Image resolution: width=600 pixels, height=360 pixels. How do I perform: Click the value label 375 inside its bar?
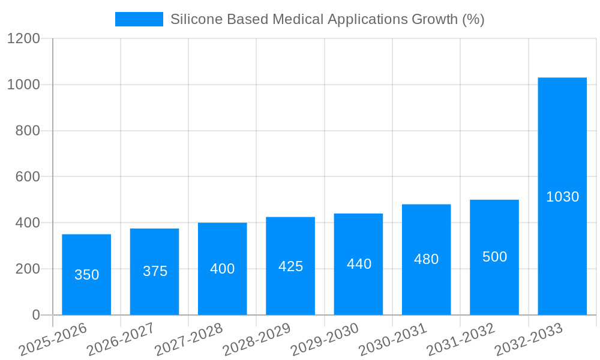pyautogui.click(x=155, y=271)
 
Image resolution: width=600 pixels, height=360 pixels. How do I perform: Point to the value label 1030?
pyautogui.click(x=562, y=197)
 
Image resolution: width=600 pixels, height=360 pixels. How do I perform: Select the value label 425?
pyautogui.click(x=290, y=266)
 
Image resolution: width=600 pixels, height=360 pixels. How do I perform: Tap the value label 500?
pyautogui.click(x=494, y=257)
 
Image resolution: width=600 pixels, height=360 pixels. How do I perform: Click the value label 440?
pyautogui.click(x=359, y=264)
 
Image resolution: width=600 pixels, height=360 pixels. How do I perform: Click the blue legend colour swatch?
pyautogui.click(x=139, y=19)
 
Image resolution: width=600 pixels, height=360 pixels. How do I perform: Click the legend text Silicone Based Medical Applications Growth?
pyautogui.click(x=327, y=19)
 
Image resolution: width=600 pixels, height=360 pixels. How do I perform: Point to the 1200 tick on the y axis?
pyautogui.click(x=23, y=39)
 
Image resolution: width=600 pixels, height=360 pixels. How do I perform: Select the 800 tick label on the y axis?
pyautogui.click(x=28, y=131)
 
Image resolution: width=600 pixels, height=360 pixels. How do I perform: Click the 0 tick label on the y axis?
pyautogui.click(x=35, y=315)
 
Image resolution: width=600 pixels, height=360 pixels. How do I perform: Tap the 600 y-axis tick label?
pyautogui.click(x=28, y=177)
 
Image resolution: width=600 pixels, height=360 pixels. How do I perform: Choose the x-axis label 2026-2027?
pyautogui.click(x=121, y=339)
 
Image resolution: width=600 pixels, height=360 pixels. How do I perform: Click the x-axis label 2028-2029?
pyautogui.click(x=257, y=339)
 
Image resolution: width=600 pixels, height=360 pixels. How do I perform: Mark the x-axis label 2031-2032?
pyautogui.click(x=461, y=339)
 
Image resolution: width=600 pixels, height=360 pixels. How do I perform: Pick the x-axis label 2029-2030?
pyautogui.click(x=325, y=339)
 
